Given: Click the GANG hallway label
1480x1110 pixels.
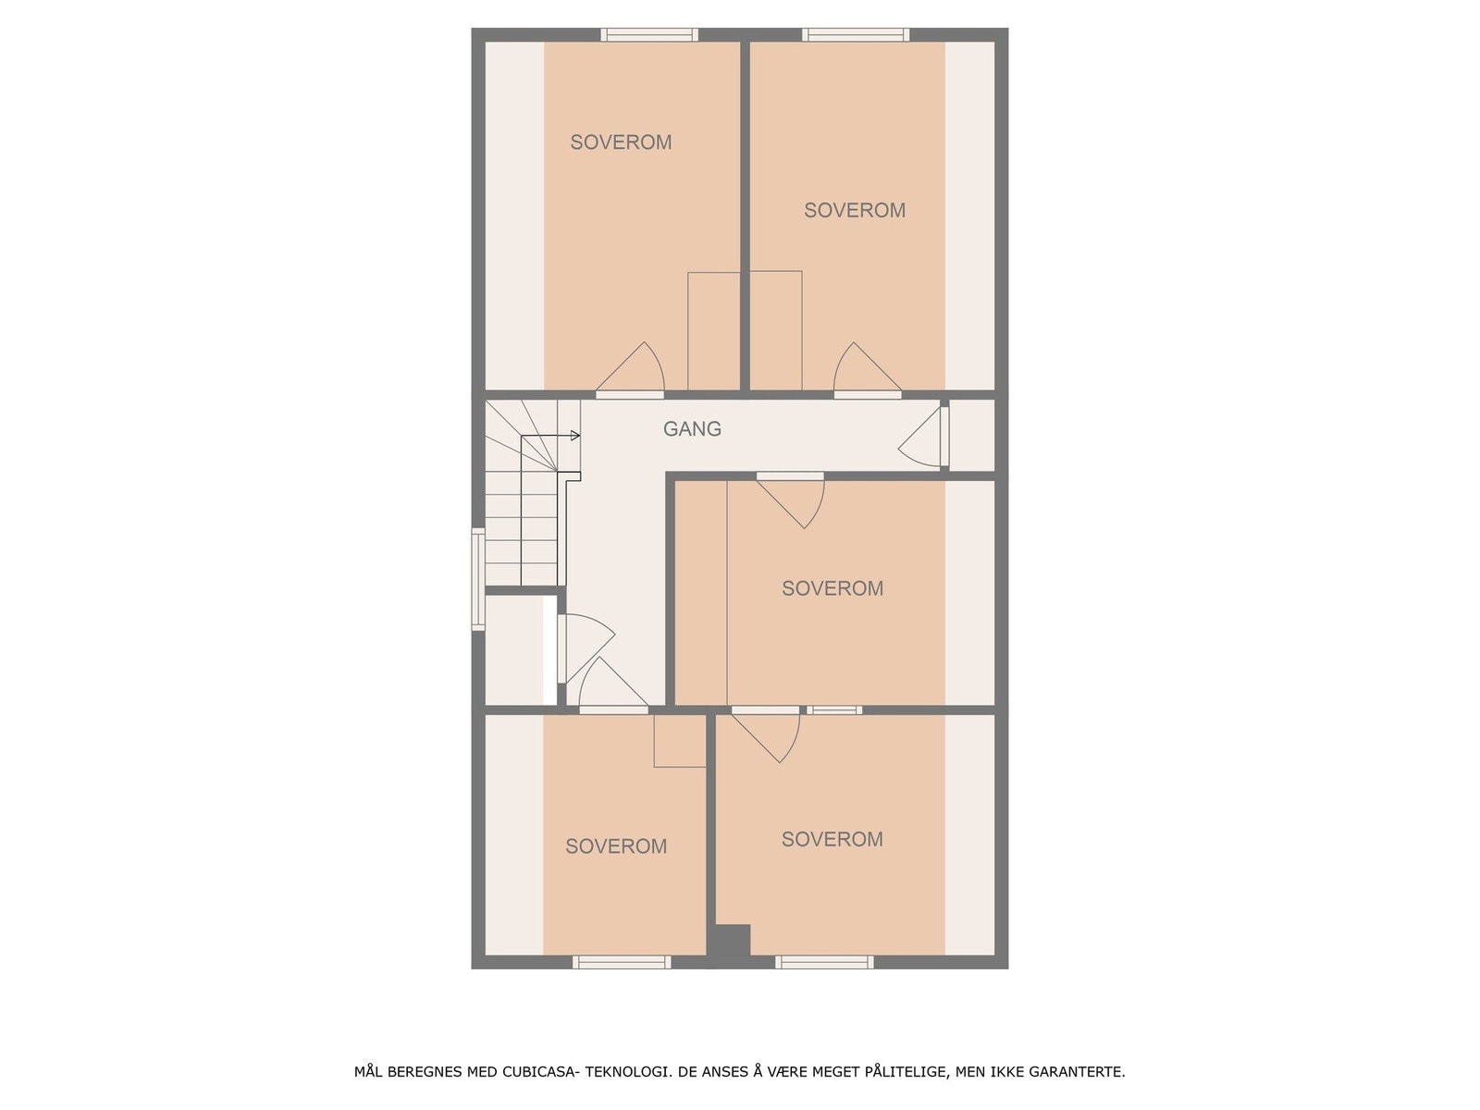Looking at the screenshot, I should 692,429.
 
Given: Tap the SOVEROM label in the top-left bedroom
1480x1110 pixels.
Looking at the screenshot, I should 621,142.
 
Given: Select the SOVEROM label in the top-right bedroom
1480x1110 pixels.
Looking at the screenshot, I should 854,211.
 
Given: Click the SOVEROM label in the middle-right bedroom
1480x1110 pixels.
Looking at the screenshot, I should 832,588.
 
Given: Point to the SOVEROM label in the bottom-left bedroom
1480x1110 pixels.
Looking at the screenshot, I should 616,846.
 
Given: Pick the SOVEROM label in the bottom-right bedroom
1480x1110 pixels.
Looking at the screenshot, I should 832,839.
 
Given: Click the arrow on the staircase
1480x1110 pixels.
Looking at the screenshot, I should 574,436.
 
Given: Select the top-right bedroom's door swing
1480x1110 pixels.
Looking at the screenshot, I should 860,370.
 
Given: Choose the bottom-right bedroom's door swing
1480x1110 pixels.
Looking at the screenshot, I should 771,735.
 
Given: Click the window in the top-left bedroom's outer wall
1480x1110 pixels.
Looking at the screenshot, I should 649,35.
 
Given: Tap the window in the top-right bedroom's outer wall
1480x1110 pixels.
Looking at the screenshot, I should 855,35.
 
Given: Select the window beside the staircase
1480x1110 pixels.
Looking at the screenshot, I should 478,579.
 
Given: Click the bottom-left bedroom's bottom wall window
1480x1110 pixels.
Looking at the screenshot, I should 622,962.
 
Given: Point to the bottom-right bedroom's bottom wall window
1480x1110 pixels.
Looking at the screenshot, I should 824,962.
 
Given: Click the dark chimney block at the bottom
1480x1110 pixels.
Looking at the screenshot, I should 729,941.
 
